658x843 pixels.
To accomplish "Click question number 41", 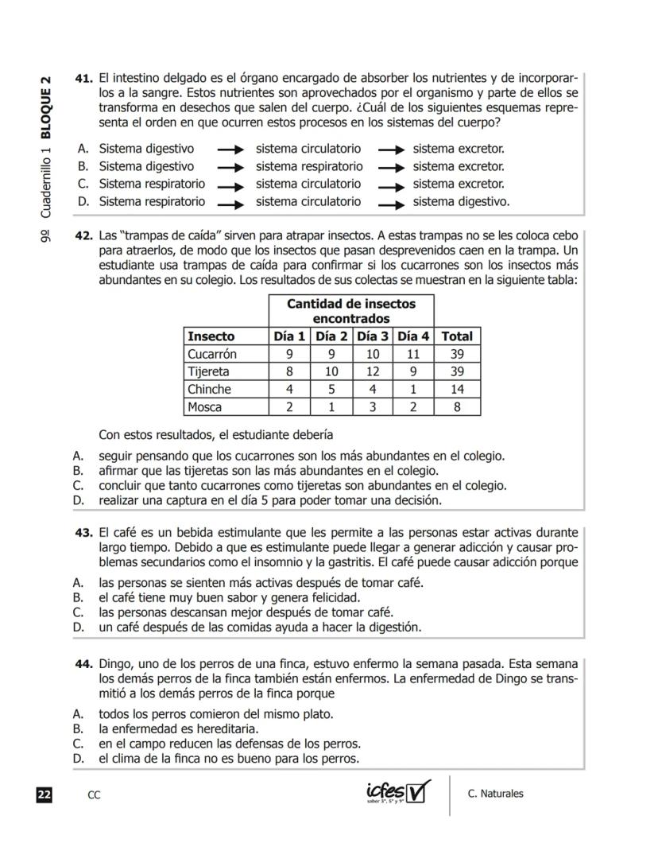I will [x=84, y=78].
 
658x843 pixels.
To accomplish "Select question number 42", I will [x=84, y=235].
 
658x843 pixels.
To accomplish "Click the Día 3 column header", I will [x=372, y=336].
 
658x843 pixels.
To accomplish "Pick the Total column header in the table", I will [x=457, y=336].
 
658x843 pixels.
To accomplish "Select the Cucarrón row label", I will [x=212, y=354].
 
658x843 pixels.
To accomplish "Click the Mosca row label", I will [x=205, y=407].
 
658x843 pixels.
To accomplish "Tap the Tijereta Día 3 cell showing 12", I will [x=372, y=371].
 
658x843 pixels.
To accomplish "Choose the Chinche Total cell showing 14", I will [x=457, y=390].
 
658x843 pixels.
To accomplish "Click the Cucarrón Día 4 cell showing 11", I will [x=413, y=354].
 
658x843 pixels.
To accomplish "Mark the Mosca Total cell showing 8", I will [x=457, y=407].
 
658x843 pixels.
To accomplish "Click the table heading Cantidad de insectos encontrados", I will [x=350, y=311].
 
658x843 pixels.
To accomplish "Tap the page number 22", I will [x=44, y=794].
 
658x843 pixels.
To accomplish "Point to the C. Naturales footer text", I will [x=496, y=794].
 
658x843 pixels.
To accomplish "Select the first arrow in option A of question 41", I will [x=230, y=150].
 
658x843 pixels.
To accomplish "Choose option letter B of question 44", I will [x=78, y=728].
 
